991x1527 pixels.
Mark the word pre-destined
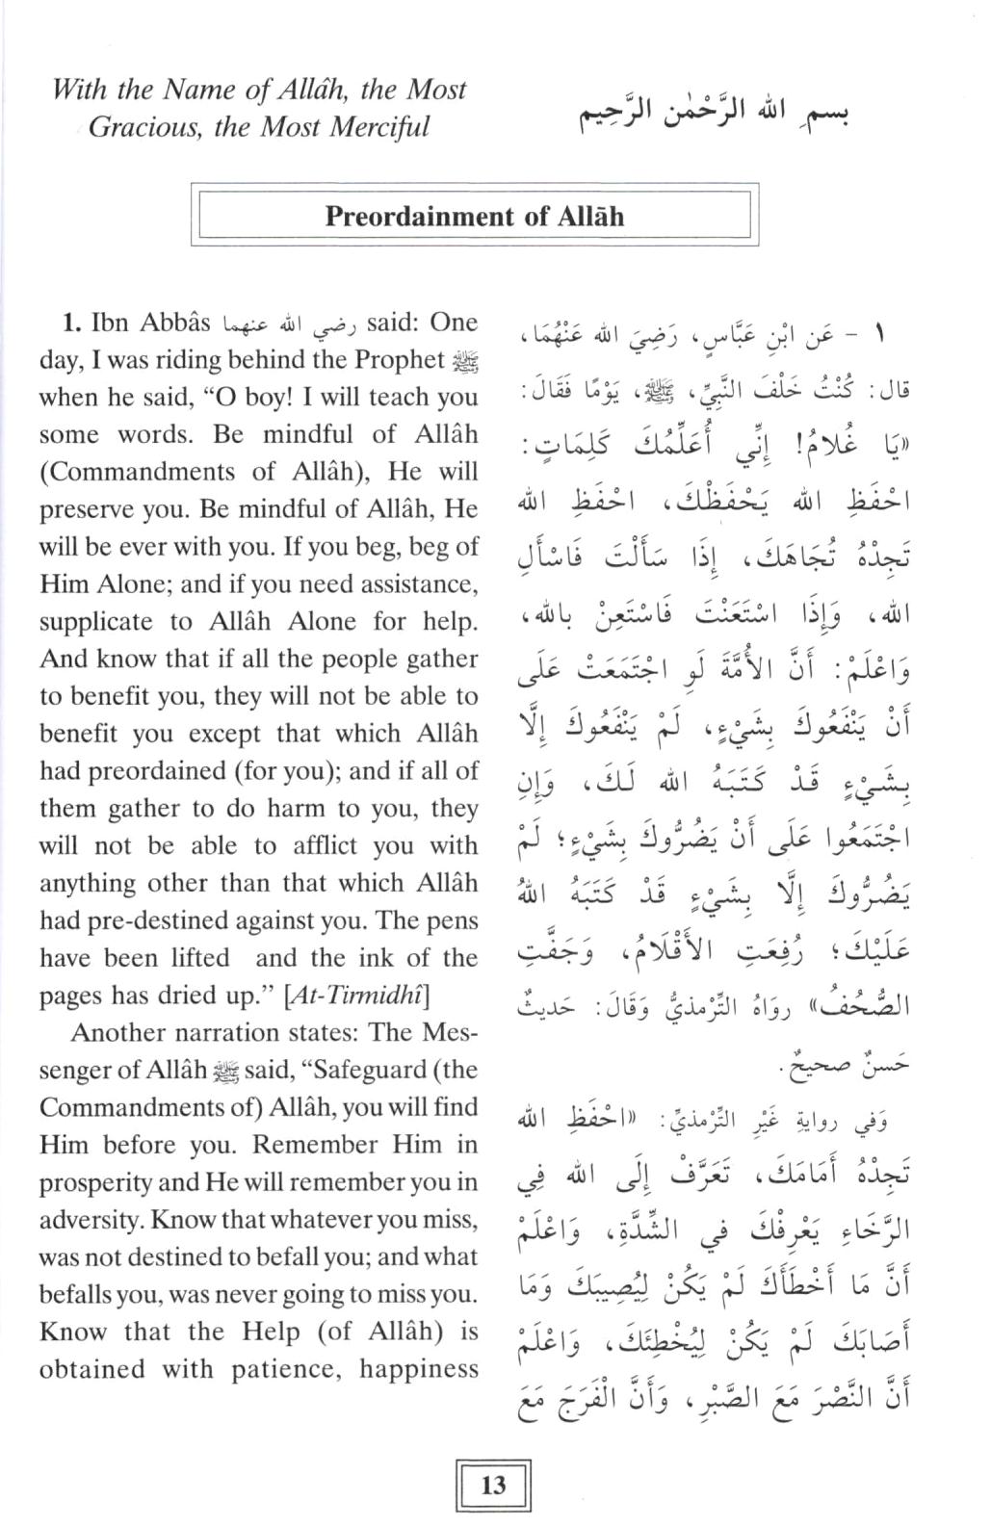click(x=150, y=921)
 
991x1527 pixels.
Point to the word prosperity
click(x=95, y=1183)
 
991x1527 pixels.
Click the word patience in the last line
click(x=283, y=1370)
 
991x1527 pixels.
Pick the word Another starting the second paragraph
click(x=119, y=1033)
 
